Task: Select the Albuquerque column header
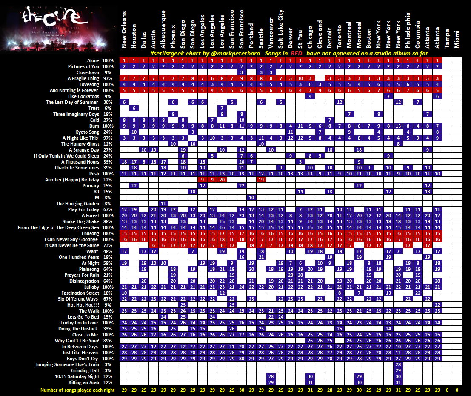tap(163, 29)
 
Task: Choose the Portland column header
tap(251, 36)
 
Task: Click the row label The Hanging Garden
tap(82, 204)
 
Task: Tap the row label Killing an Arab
tap(83, 383)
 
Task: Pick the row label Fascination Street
tap(80, 293)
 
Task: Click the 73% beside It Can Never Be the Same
tap(108, 246)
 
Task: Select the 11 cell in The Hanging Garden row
tap(163, 204)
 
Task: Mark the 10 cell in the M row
tap(251, 198)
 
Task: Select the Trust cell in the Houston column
tap(134, 109)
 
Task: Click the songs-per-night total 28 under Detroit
tap(330, 390)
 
